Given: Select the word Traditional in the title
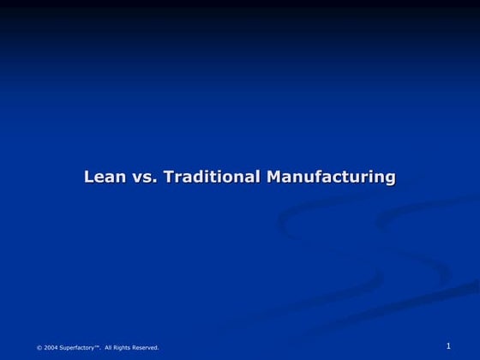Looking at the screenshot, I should click(212, 177).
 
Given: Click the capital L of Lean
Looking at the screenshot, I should click(88, 177).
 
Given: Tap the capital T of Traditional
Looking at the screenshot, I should click(168, 177).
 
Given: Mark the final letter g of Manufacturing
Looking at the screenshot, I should click(390, 179).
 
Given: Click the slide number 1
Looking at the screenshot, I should click(448, 345).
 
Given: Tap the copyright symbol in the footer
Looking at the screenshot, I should click(39, 347).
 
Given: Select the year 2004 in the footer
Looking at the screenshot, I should click(51, 347).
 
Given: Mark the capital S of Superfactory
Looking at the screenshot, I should click(63, 347).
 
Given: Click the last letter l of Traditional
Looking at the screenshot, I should click(259, 177).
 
